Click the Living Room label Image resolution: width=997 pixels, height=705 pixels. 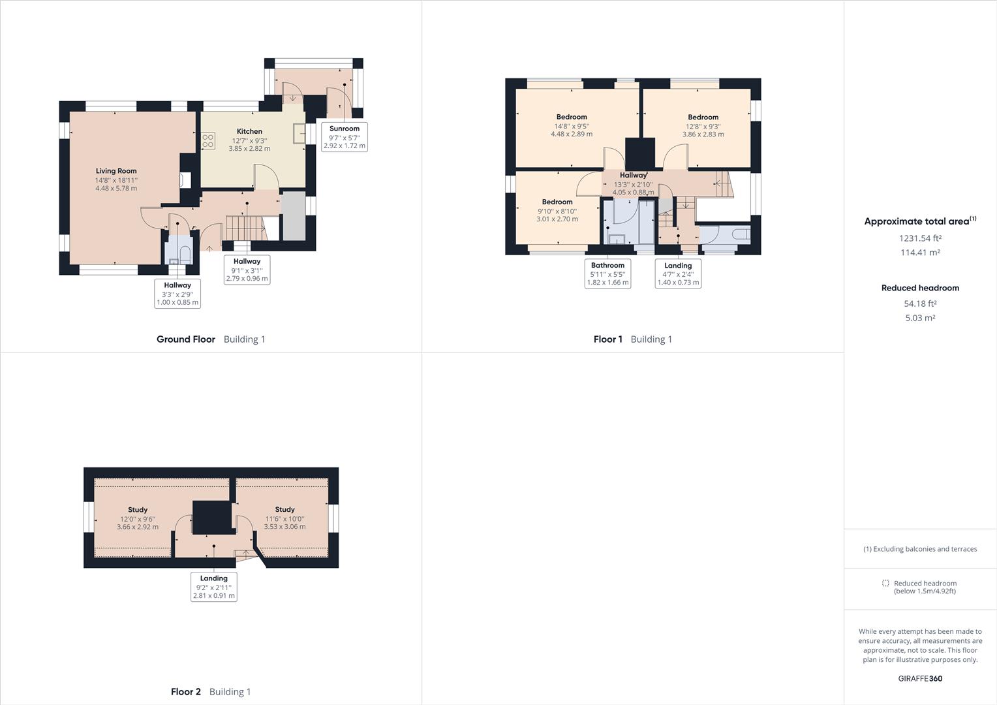[116, 171]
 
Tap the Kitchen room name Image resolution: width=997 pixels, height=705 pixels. [249, 131]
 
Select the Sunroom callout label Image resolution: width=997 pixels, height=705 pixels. [345, 129]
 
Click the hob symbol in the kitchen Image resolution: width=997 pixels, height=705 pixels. [208, 141]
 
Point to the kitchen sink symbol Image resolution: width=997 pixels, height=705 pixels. [299, 133]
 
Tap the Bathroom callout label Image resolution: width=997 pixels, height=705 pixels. [607, 266]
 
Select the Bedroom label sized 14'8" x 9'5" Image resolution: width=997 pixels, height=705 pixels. [572, 117]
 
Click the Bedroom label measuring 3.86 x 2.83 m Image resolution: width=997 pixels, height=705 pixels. [703, 117]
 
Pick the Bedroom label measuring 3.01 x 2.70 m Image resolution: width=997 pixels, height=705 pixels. [557, 202]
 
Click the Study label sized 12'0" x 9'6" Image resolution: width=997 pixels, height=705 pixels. [138, 510]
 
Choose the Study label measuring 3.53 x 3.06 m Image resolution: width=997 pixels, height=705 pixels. [284, 509]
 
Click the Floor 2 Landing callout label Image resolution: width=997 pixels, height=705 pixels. [214, 578]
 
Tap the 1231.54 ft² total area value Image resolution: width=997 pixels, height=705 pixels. [920, 238]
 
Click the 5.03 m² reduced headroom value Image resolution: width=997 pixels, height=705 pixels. [920, 318]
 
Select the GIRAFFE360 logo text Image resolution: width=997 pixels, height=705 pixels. [920, 678]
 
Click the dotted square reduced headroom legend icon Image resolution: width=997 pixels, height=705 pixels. [885, 583]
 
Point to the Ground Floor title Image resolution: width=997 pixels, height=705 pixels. [186, 339]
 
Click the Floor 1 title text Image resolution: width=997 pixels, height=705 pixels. [607, 339]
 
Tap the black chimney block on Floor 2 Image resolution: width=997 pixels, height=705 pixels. [213, 518]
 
